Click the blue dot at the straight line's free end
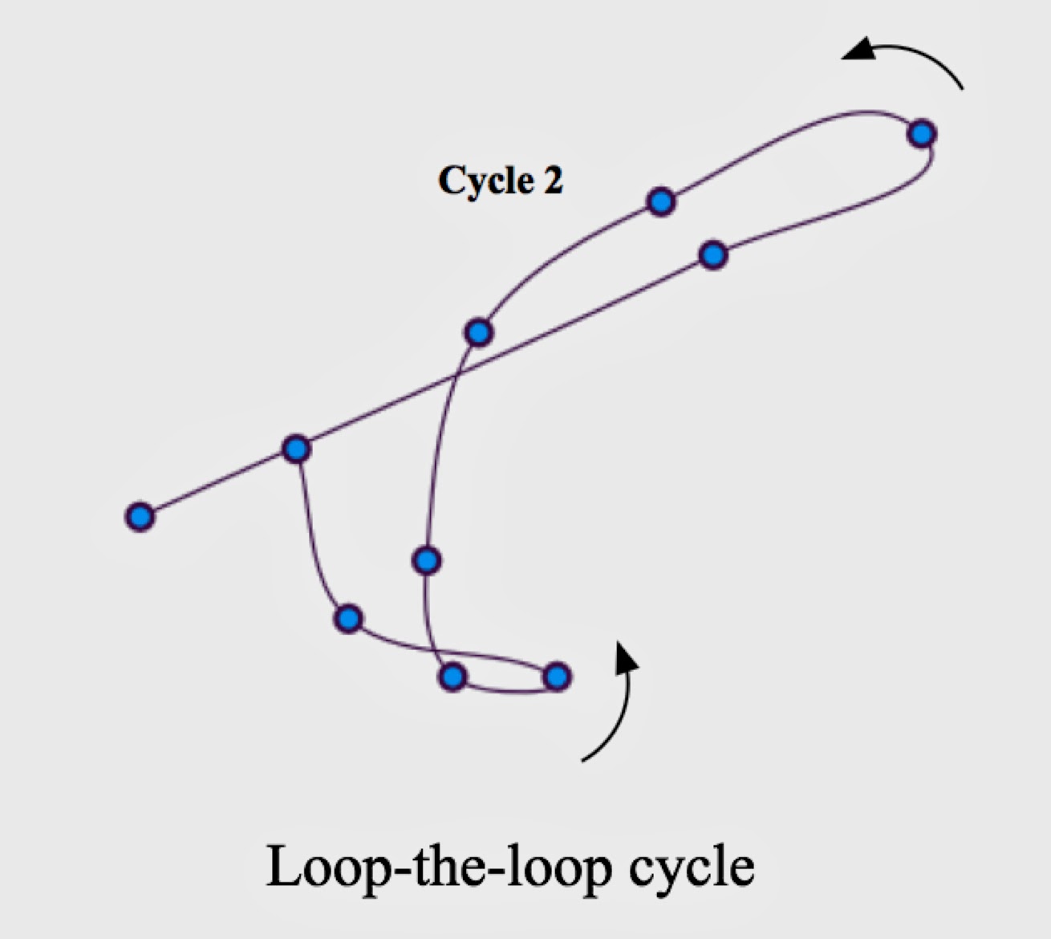(140, 516)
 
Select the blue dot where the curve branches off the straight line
(297, 448)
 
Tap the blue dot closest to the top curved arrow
(922, 132)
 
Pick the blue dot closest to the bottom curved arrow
(557, 677)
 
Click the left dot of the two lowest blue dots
(453, 677)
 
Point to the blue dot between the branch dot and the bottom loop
(348, 618)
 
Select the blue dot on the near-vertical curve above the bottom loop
(427, 559)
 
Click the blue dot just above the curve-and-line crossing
(479, 331)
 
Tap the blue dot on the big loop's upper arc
(661, 201)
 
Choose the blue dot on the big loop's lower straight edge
(713, 254)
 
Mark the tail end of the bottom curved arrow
(583, 759)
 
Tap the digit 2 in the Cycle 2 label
(553, 181)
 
